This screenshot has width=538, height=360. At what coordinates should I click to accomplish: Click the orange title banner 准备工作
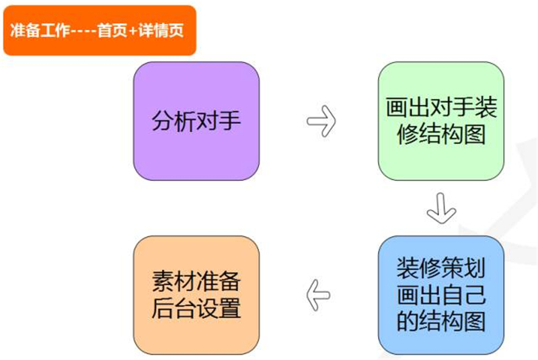[100, 30]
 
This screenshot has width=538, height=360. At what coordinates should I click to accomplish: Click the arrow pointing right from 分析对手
[321, 121]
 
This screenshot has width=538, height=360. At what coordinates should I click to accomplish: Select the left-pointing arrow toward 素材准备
[318, 293]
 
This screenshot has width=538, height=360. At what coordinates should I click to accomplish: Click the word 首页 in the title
[112, 31]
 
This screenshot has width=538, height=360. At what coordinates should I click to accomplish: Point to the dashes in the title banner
[83, 31]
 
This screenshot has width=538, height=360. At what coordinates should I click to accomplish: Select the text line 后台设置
[196, 308]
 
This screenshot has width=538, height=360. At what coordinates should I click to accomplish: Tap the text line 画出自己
[440, 293]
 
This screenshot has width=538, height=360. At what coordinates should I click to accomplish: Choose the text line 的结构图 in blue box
[440, 321]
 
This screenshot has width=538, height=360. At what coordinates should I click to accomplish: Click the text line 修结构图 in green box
[440, 135]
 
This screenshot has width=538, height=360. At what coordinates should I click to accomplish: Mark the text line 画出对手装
[440, 108]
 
